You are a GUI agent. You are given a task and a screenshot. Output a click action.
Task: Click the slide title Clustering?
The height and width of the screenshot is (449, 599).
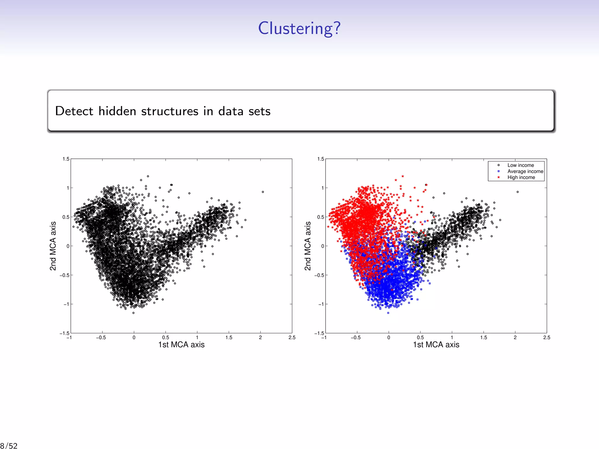pos(299,28)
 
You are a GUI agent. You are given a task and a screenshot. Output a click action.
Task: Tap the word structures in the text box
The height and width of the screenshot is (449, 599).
pos(170,111)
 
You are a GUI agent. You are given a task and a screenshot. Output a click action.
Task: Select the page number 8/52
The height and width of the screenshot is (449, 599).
pos(9,445)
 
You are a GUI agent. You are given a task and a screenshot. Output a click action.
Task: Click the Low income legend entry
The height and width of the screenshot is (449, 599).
pos(520,165)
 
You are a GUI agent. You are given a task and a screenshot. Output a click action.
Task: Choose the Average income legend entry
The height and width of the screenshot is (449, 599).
pos(525,171)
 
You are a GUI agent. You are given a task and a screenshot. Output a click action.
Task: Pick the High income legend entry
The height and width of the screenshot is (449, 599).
pos(521,177)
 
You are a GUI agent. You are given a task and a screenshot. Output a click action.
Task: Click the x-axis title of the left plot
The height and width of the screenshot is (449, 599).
pos(181,345)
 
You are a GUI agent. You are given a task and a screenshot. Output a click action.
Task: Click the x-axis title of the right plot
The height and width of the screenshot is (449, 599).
pos(436,345)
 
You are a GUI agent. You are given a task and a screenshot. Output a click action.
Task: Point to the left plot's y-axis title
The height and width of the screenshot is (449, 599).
pos(53,246)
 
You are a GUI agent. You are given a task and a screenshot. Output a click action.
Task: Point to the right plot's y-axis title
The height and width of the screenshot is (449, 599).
pos(308,246)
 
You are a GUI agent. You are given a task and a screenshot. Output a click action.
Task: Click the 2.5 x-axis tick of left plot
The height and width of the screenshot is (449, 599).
pos(292,338)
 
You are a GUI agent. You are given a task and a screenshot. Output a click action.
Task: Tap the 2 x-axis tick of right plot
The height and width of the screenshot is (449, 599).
pos(515,338)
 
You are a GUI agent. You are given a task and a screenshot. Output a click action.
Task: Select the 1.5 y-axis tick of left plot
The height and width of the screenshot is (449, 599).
pos(66,159)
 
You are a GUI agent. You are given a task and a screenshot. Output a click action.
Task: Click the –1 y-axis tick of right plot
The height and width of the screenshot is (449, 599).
pos(321,304)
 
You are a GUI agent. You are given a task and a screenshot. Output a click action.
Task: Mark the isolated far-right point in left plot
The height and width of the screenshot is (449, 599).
pos(263,192)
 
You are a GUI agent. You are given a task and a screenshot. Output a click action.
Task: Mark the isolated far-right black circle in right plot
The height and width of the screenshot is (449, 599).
pos(518,192)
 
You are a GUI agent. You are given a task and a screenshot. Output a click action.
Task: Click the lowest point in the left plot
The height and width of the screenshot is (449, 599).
pos(133,313)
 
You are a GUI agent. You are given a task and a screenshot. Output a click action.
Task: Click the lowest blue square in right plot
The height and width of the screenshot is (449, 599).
pos(388,313)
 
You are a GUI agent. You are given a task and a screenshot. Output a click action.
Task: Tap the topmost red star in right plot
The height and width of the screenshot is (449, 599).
pos(403,176)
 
